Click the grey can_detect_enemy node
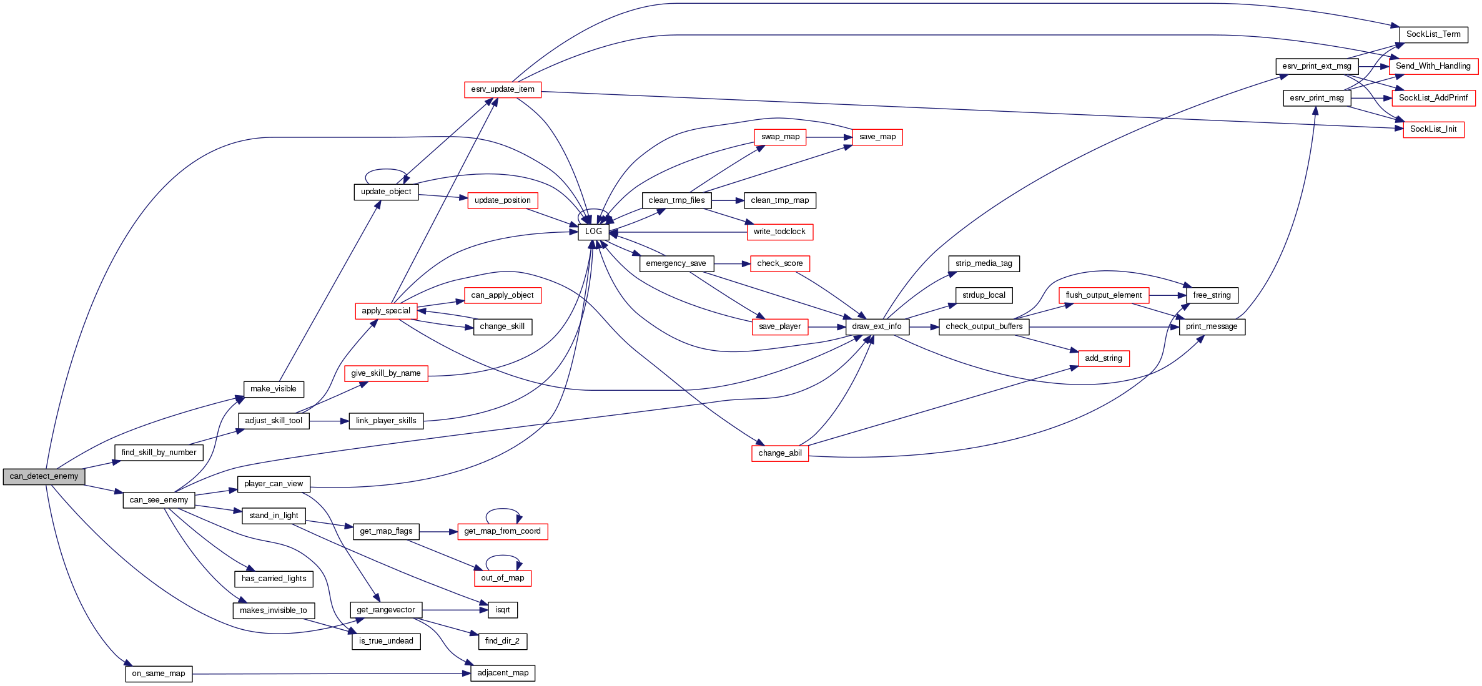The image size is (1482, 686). tap(44, 476)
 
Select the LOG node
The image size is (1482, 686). tap(593, 232)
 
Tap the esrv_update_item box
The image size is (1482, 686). tap(503, 89)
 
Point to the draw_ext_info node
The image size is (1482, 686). tap(877, 326)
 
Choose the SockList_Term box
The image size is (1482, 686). tap(1433, 34)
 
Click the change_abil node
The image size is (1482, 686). tap(780, 453)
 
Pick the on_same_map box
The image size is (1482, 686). tap(159, 674)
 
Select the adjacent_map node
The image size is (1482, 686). tap(503, 673)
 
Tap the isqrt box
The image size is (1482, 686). tap(503, 610)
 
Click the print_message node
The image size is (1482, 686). tap(1212, 326)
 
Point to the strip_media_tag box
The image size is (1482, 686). tap(984, 263)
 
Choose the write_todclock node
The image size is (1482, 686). tap(779, 232)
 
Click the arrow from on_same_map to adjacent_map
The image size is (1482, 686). tap(331, 674)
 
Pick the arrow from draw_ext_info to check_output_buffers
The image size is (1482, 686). tap(924, 326)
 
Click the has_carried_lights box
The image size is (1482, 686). tap(274, 579)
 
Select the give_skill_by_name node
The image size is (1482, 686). tap(386, 373)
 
